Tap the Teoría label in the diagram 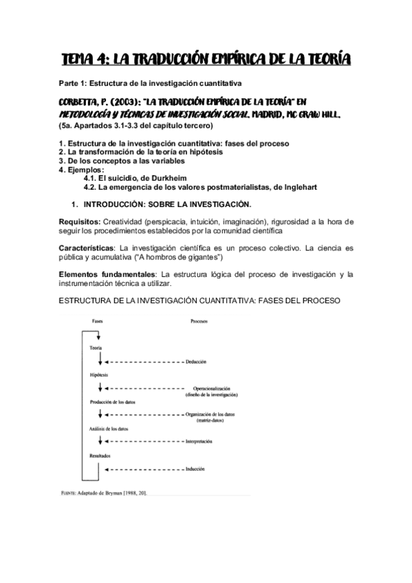pyautogui.click(x=96, y=348)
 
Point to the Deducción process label pyautogui.click(x=196, y=361)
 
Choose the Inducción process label pyautogui.click(x=195, y=469)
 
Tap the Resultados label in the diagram pyautogui.click(x=100, y=456)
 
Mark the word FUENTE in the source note pyautogui.click(x=69, y=493)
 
